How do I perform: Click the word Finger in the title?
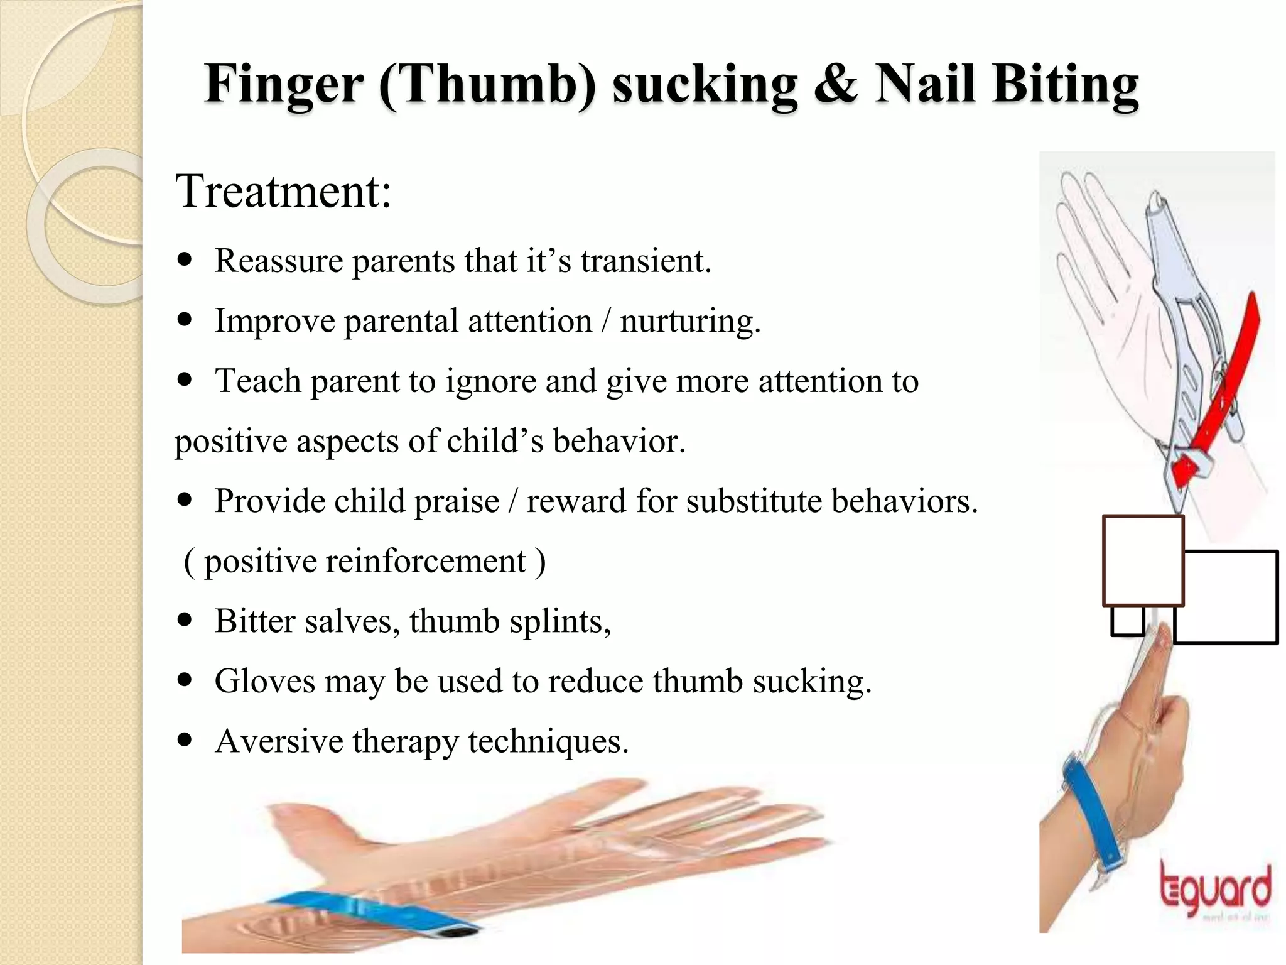pos(283,85)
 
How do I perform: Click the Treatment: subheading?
pos(283,191)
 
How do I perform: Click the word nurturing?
pos(690,322)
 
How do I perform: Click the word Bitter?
pos(254,621)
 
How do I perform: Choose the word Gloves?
pos(264,681)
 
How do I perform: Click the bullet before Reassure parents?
pos(185,259)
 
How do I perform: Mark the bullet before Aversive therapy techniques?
pos(185,740)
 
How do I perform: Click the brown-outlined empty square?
pos(1143,560)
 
